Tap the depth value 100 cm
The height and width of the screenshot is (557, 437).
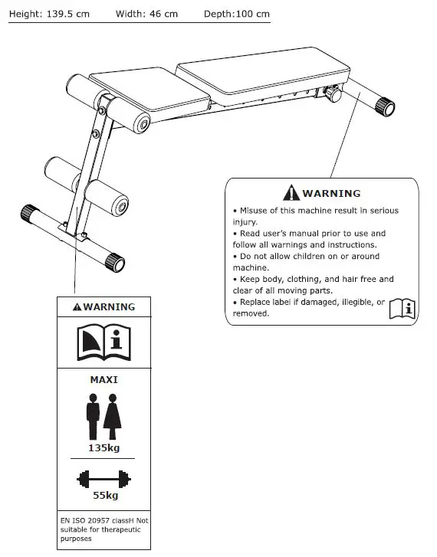click(253, 15)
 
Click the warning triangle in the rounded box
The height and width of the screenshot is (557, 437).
click(291, 193)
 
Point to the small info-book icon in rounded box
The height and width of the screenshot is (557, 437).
click(402, 308)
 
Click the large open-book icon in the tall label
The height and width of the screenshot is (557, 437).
click(103, 342)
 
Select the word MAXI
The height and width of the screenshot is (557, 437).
click(103, 378)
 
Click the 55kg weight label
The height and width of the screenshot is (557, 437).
click(103, 495)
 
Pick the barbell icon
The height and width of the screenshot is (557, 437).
click(103, 480)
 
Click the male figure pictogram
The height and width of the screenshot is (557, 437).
click(93, 415)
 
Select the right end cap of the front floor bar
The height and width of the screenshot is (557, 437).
click(115, 263)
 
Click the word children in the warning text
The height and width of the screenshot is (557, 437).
click(333, 256)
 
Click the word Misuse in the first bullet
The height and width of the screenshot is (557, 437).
click(255, 211)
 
